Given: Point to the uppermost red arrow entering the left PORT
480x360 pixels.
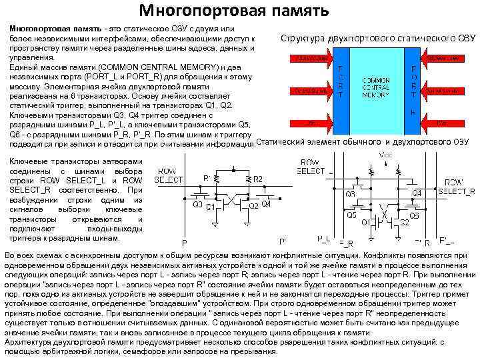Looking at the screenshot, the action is (310, 59).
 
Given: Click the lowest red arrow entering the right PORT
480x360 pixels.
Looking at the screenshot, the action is (441, 123).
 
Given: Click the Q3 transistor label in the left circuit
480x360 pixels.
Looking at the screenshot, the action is (197, 204).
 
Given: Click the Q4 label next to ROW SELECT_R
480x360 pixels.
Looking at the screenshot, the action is (417, 193).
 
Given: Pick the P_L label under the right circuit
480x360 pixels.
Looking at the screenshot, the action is (324, 239).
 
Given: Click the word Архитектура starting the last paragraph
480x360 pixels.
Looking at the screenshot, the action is (31, 341).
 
